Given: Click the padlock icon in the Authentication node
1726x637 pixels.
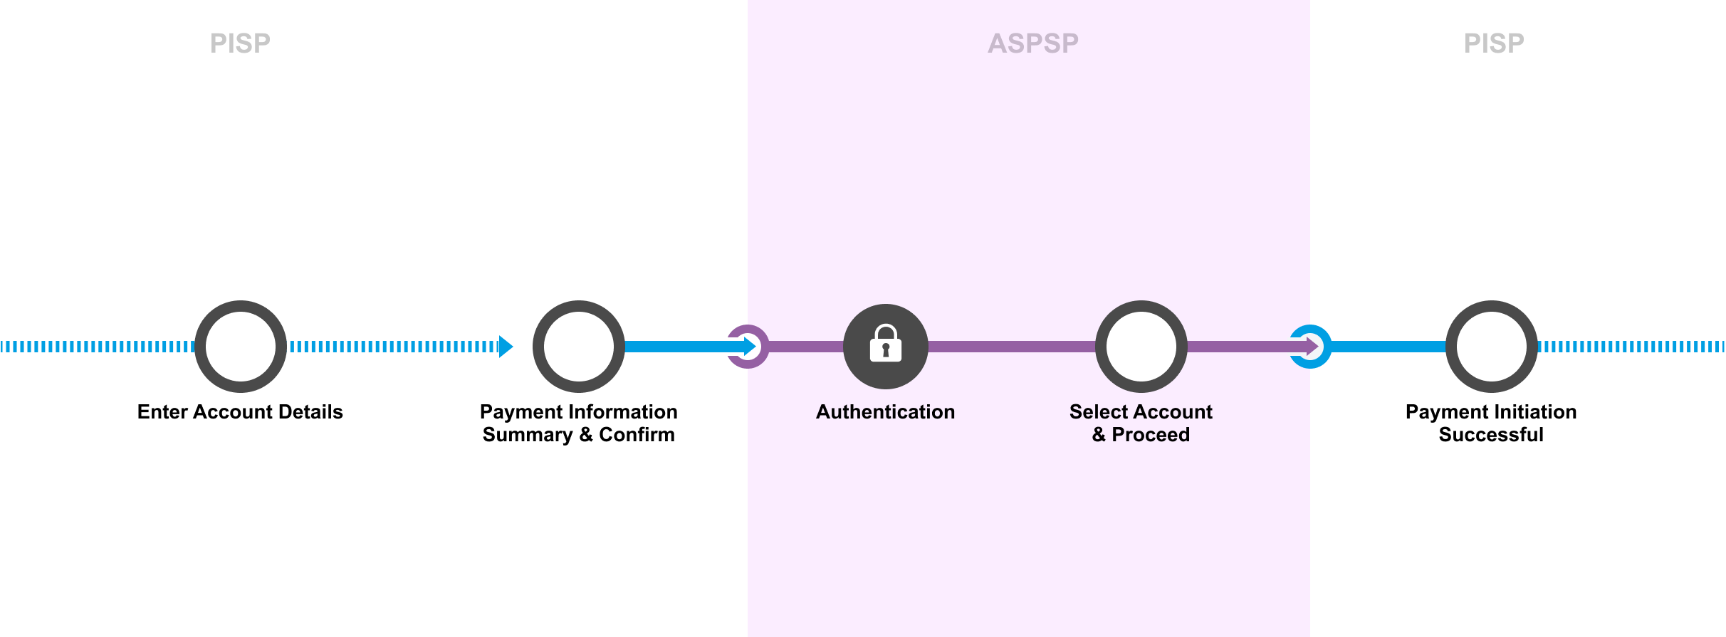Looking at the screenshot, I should pos(885,344).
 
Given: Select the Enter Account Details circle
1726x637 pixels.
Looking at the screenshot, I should pos(241,347).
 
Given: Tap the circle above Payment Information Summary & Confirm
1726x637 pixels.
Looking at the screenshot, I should pos(578,347).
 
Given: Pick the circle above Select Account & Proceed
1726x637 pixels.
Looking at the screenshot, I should pos(1141,347).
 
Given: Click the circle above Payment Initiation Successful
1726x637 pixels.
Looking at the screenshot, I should pos(1491,347).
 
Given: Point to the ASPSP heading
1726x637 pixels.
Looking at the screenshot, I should pos(1032,43).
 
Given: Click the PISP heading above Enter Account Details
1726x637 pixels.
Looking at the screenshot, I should pos(240,43).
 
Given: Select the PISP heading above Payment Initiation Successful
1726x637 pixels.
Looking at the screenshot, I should pos(1493,43).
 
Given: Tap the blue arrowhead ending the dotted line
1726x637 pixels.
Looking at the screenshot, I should pos(506,347).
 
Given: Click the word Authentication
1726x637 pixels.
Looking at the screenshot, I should pos(885,412).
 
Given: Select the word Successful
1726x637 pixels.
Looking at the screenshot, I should pos(1491,435).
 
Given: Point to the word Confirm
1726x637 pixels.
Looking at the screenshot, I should pos(637,435).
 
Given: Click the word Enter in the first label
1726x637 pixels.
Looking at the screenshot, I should pos(162,412).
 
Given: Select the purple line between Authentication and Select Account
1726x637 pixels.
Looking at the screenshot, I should pos(1011,347).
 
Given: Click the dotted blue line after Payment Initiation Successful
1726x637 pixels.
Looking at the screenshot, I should pos(1631,347).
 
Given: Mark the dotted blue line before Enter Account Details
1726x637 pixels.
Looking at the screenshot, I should pos(96,347).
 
